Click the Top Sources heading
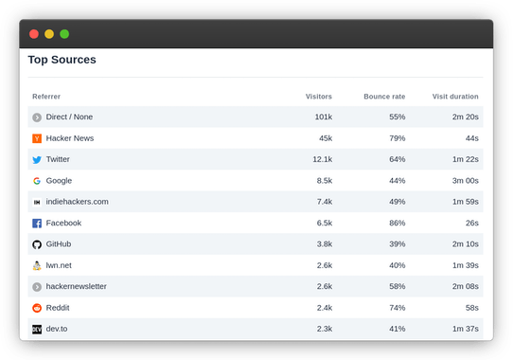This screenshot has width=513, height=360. click(62, 60)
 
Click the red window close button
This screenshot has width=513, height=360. click(34, 33)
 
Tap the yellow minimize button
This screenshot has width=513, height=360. click(49, 33)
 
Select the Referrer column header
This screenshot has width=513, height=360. click(46, 97)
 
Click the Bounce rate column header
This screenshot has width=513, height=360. click(384, 97)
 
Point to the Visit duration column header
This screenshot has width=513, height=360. click(455, 97)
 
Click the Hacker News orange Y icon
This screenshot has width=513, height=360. click(37, 138)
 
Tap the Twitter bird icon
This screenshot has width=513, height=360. click(37, 160)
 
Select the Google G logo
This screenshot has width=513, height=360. click(37, 181)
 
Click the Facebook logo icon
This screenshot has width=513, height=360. click(37, 224)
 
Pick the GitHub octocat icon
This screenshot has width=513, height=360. click(37, 244)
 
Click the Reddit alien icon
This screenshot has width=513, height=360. click(37, 308)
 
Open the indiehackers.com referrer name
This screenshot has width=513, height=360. click(77, 202)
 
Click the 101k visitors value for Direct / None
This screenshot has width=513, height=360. click(323, 117)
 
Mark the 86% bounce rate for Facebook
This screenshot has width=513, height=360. click(397, 224)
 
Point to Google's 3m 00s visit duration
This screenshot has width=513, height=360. click(464, 181)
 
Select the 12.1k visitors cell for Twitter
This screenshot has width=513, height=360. click(322, 160)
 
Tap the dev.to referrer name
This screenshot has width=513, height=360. click(57, 329)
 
